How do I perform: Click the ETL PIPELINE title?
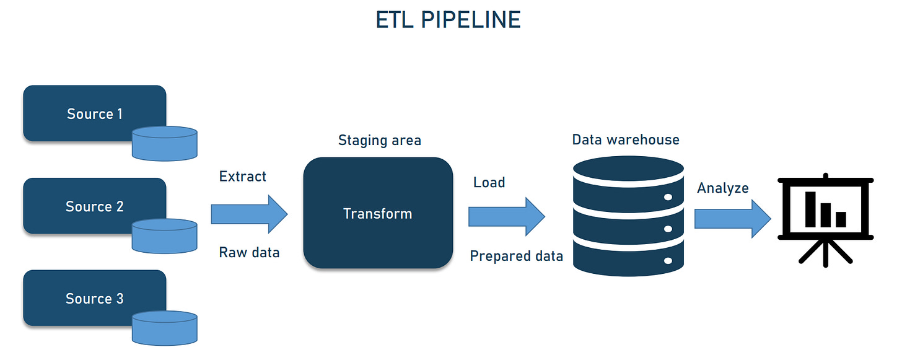coord(448,20)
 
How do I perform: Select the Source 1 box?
coord(94,113)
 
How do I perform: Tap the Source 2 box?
coord(94,206)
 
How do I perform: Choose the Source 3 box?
coord(94,298)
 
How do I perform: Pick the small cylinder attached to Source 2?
coord(165,235)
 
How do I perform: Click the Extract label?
coord(242,177)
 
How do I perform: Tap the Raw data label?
coord(249,252)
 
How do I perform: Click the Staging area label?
coord(379,140)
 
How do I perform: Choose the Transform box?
coord(377,213)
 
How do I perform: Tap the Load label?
coord(489,182)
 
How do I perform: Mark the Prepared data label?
coord(516,256)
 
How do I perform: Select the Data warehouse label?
coord(625,139)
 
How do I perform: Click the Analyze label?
coord(722,188)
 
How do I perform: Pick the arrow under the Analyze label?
coord(732,219)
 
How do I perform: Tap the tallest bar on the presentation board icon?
coord(810,209)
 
